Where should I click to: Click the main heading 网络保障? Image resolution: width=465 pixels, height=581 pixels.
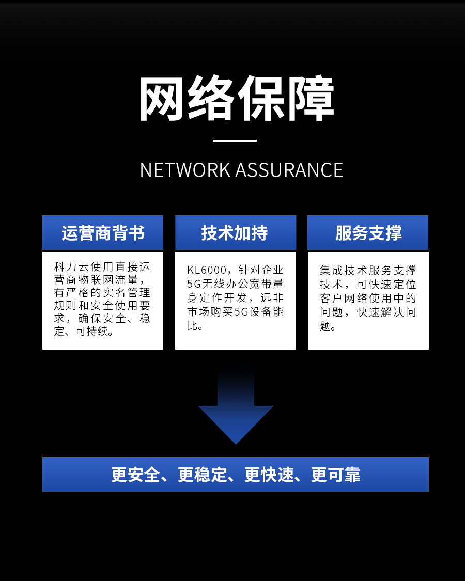click(x=236, y=99)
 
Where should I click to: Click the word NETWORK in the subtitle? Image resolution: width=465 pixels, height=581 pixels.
click(x=185, y=170)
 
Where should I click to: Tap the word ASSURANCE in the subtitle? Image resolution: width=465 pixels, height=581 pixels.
click(x=289, y=170)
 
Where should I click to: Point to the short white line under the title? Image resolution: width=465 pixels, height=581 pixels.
click(x=235, y=140)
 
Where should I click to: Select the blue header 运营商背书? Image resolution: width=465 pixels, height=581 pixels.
click(x=103, y=233)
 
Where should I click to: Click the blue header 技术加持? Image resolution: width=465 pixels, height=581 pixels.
click(x=235, y=233)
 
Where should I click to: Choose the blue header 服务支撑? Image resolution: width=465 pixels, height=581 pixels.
click(x=368, y=233)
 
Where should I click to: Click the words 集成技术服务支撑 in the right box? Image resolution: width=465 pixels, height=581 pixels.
click(x=368, y=270)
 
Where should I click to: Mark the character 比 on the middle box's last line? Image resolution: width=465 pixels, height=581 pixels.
click(x=192, y=326)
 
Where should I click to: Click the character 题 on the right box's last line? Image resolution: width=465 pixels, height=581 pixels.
click(x=325, y=326)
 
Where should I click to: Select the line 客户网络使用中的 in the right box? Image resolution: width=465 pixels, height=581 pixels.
click(x=368, y=298)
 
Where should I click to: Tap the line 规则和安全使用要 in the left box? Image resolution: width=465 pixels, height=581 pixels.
click(x=102, y=305)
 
